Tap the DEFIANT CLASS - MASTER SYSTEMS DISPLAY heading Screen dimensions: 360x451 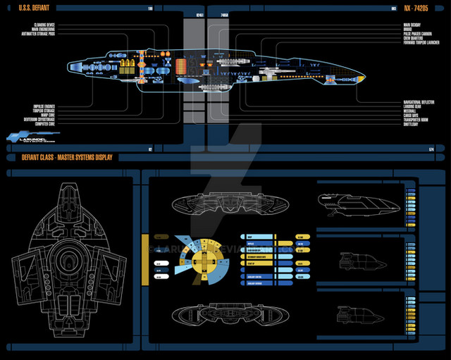(62, 157)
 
